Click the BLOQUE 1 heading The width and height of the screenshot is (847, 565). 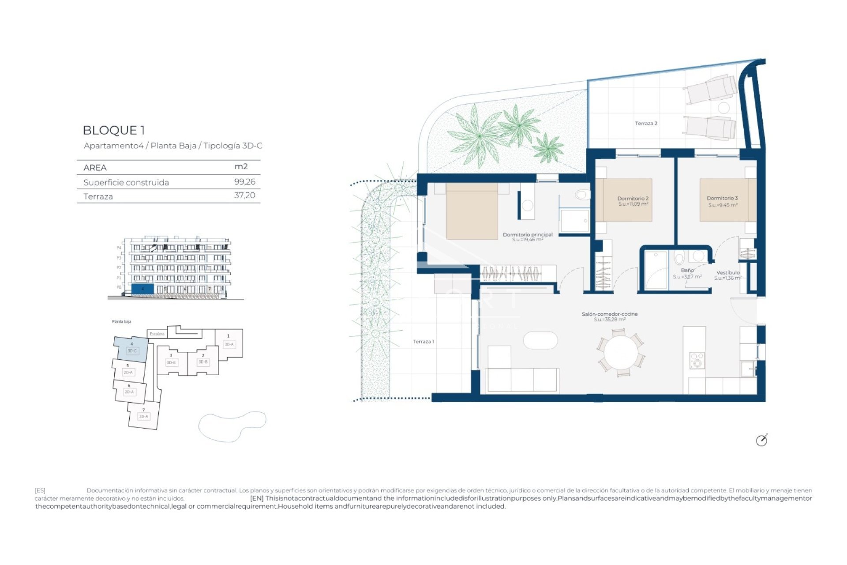(x=114, y=130)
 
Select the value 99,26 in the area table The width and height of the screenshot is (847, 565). (x=244, y=181)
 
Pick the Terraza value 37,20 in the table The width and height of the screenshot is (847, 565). (x=244, y=196)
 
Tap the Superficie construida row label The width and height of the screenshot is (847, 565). (x=126, y=182)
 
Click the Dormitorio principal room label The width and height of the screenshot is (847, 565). (x=528, y=235)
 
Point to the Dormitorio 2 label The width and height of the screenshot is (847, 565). (x=633, y=199)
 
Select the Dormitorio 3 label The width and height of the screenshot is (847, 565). (x=722, y=198)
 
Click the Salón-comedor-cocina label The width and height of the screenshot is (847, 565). (x=609, y=314)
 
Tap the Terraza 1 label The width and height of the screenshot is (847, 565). (x=423, y=342)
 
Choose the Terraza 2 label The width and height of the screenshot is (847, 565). (x=646, y=124)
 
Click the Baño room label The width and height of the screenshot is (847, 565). (x=687, y=270)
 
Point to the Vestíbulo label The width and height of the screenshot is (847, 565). (x=727, y=273)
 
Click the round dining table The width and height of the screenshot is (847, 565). (x=620, y=353)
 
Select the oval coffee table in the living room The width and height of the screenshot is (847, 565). (x=540, y=340)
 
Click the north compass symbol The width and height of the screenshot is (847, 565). (x=761, y=440)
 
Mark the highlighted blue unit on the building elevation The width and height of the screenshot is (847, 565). (x=142, y=289)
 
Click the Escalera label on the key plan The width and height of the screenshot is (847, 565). (x=157, y=334)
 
